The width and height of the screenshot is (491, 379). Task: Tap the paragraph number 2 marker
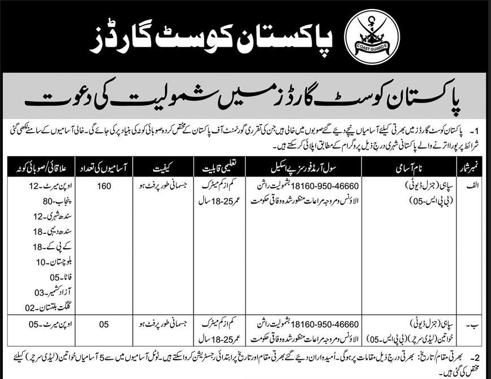pyautogui.click(x=477, y=356)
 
